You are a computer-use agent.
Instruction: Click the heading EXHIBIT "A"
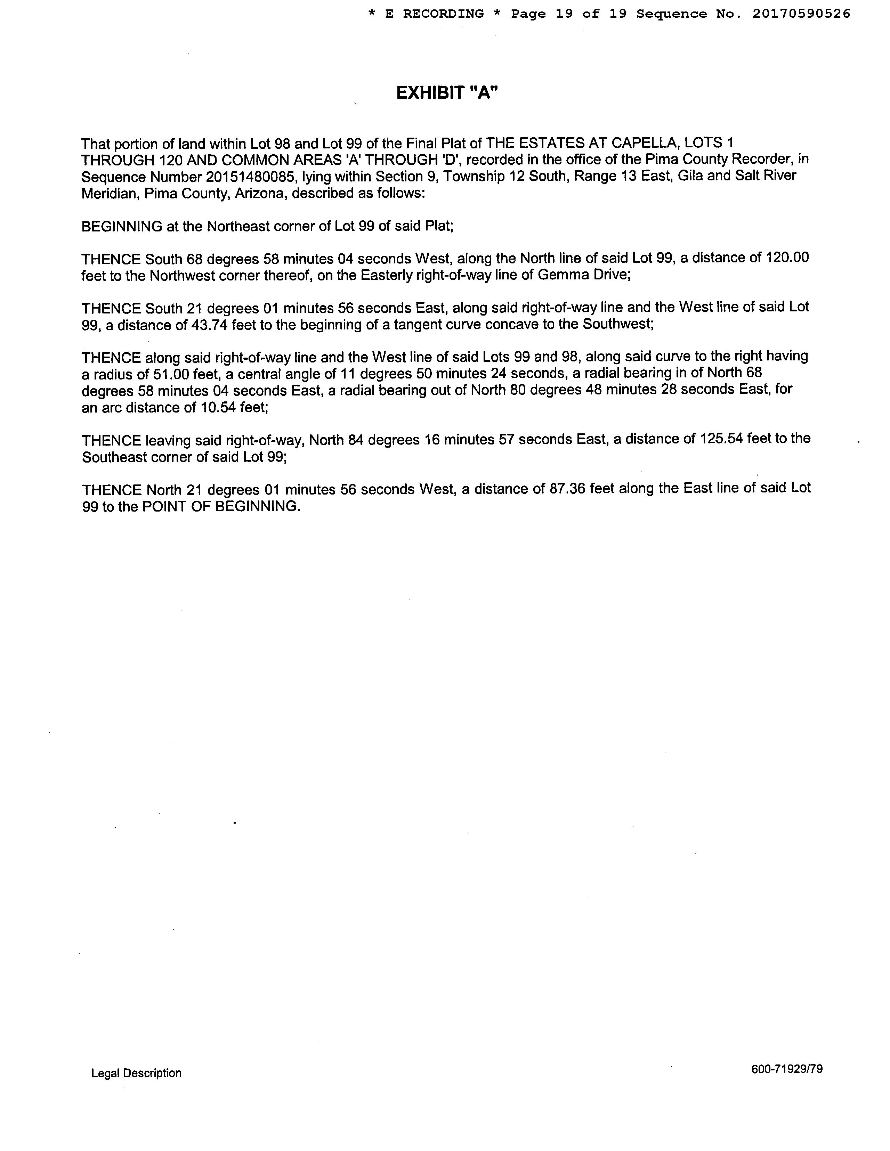click(447, 93)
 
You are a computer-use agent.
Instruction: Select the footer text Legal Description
click(136, 1073)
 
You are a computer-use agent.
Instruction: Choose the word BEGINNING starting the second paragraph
click(122, 226)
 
